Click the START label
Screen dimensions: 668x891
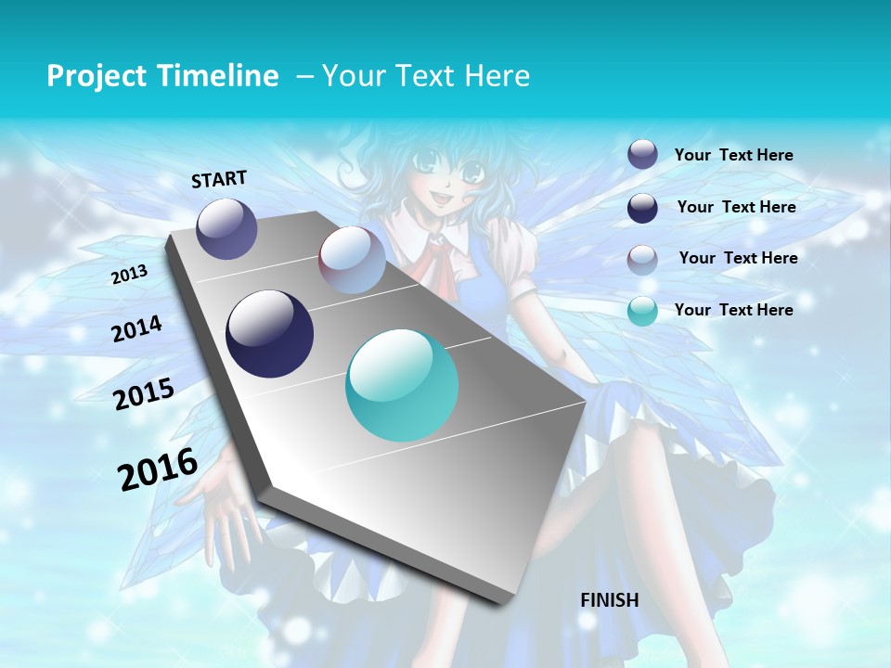(219, 179)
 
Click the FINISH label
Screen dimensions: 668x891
(609, 600)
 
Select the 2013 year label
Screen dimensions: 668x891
(129, 275)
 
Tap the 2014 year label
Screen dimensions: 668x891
(136, 329)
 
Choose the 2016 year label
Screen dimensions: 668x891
(158, 469)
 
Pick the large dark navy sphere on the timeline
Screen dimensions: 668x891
(269, 334)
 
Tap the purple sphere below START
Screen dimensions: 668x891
(226, 228)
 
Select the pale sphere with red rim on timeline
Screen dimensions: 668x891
(352, 260)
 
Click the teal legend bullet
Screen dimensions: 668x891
(642, 311)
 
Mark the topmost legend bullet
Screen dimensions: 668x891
(642, 155)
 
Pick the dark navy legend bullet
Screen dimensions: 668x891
(642, 208)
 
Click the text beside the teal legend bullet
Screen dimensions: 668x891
(733, 310)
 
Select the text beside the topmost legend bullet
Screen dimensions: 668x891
(733, 155)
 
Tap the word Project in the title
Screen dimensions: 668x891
(96, 76)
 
